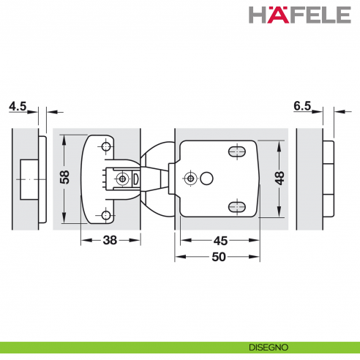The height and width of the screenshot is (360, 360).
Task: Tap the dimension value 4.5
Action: [x=17, y=106]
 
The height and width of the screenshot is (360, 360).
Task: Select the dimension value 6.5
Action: [x=301, y=106]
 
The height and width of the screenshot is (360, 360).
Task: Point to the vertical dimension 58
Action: [x=64, y=178]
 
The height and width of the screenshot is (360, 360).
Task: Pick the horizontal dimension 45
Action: [x=219, y=239]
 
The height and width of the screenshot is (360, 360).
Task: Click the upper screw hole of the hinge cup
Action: [x=107, y=147]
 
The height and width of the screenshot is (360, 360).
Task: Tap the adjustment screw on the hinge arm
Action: [x=127, y=179]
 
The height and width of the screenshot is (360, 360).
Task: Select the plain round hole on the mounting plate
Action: [x=207, y=178]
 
